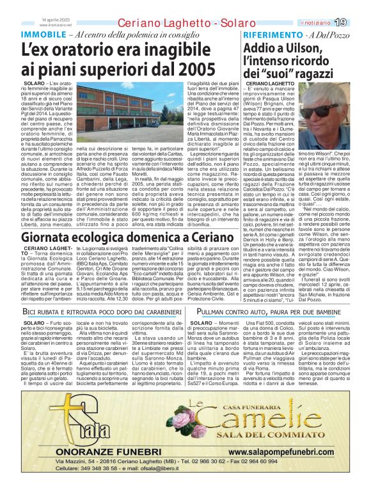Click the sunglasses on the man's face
[x=335, y=111]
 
